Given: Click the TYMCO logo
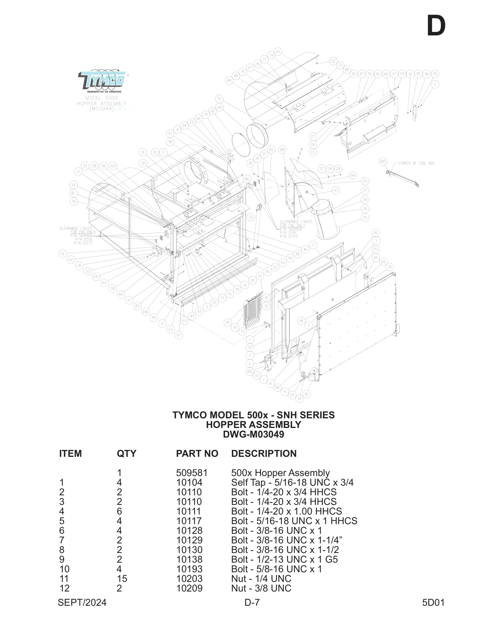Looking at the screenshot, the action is [x=103, y=81].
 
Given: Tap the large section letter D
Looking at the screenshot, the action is [x=436, y=26].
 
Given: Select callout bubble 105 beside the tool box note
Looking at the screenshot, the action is [x=383, y=162].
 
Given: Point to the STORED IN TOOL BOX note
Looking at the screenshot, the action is [x=416, y=163].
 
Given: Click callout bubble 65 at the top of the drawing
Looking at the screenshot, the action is [x=278, y=52].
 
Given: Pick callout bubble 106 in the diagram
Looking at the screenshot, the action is [x=145, y=312].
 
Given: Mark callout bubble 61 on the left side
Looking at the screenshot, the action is [x=63, y=254].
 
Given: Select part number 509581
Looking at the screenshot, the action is [x=191, y=473].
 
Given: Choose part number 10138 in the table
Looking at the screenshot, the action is [x=189, y=559].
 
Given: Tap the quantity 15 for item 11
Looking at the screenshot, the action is [x=122, y=578].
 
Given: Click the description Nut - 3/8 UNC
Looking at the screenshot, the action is [x=261, y=588].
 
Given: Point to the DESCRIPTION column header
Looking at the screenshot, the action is [x=264, y=453].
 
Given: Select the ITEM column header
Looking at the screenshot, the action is [x=70, y=453].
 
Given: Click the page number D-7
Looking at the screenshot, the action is [x=252, y=602].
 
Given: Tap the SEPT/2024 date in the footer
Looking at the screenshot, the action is [x=82, y=602].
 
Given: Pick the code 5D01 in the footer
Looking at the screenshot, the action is [x=433, y=602].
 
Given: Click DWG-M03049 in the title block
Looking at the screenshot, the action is [x=253, y=434].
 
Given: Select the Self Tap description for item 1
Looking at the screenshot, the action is [x=292, y=482].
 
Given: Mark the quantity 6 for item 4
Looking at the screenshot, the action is [x=119, y=511].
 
